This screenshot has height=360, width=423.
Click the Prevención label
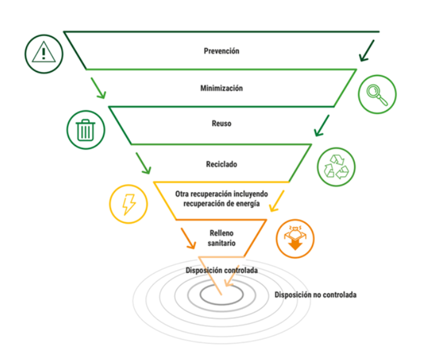[x=222, y=51]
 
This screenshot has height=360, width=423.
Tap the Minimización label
[x=222, y=88]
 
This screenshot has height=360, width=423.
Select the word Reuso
[x=222, y=123]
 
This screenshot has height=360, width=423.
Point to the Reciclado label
[x=222, y=164]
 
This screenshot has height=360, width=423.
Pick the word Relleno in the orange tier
[x=222, y=233]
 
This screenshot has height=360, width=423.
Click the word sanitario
[x=222, y=243]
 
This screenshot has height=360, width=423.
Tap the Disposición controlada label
[x=222, y=270]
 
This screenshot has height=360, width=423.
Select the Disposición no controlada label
[x=315, y=295]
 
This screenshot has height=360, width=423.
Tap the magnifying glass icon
[x=377, y=94]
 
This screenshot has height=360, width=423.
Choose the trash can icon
[x=86, y=130]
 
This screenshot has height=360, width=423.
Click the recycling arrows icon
[x=336, y=167]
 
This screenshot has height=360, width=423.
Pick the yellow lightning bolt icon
[x=128, y=204]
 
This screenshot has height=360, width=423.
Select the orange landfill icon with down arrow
[x=295, y=239]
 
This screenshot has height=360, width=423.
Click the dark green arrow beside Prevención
[x=367, y=51]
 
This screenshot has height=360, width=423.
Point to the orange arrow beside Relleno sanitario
[x=189, y=239]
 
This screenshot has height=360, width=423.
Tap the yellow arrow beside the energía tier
[x=277, y=201]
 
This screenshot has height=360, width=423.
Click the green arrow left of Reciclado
[x=143, y=164]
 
